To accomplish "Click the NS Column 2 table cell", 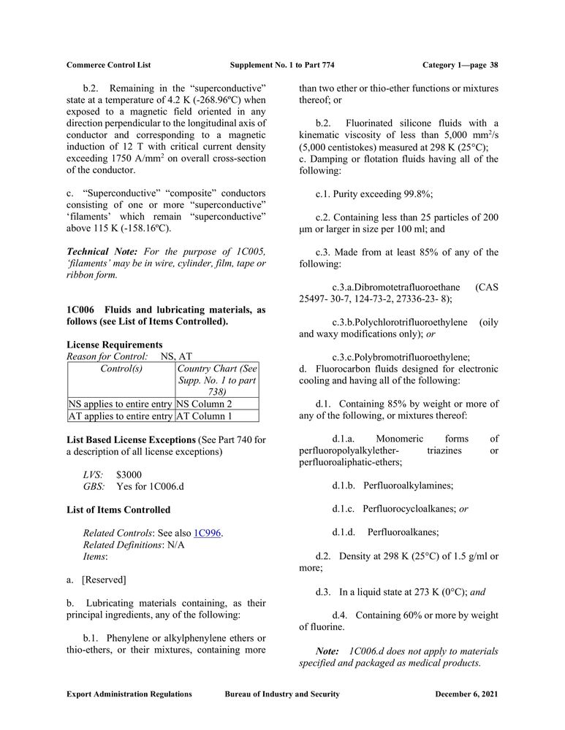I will tap(217, 404).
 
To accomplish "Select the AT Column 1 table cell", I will tap(217, 416).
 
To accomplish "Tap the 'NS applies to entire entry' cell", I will tap(121, 404).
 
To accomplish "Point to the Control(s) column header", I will tap(121, 369).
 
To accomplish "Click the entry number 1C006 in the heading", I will tap(82, 310).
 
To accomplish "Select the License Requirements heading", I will tap(114, 345).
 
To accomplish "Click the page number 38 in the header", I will tap(494, 65).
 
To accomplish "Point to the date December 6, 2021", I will tap(466, 694).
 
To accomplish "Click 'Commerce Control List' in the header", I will tap(108, 65).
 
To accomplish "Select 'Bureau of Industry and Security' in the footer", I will tap(281, 694).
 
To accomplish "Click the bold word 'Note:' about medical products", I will tap(327, 650).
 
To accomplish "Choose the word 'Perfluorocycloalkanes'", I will tap(409, 509).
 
